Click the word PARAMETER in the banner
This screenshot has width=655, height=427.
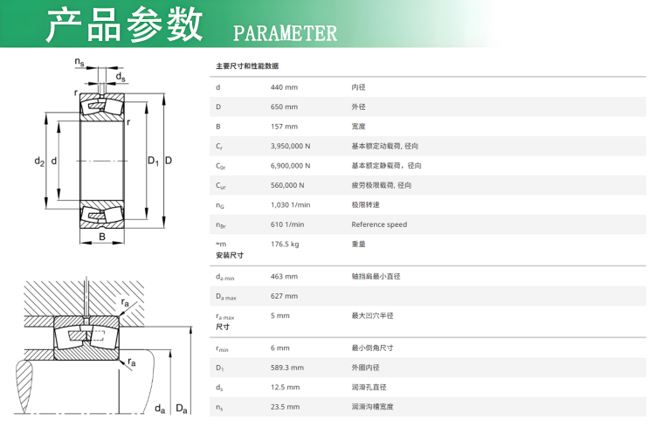point(285,33)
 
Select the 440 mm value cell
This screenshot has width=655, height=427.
point(284,87)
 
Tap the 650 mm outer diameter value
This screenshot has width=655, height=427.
point(284,107)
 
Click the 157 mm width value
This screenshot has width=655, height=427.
point(284,127)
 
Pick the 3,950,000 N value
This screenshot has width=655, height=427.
point(290,146)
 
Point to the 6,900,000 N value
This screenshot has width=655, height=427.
point(290,166)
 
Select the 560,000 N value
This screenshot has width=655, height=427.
point(287,185)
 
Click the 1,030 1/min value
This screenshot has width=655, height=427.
point(290,205)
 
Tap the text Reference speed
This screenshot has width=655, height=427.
point(379,224)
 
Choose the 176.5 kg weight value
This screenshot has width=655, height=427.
point(285,244)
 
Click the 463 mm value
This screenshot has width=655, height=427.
point(284,277)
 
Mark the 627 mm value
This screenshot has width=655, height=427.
point(284,296)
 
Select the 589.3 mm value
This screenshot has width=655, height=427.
point(287,368)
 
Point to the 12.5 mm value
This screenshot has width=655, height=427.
point(285,388)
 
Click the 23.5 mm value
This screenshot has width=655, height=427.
point(285,407)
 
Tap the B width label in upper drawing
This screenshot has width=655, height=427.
point(102,237)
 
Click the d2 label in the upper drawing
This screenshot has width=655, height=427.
point(39,161)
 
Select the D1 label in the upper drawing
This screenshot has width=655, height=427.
point(154,161)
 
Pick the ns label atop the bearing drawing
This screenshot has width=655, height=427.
point(79,62)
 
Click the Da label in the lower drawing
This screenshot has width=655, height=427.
point(182,409)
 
